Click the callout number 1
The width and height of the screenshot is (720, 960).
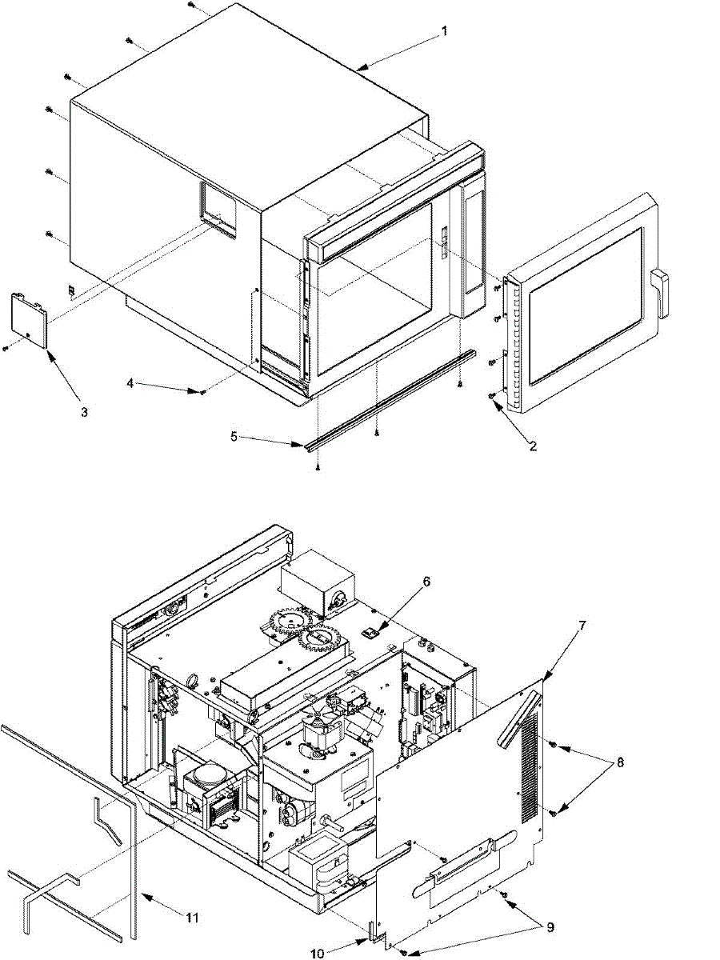[445, 31]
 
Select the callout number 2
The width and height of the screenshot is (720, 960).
[533, 446]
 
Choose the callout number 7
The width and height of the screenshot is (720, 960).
[582, 625]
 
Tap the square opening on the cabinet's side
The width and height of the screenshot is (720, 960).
[218, 208]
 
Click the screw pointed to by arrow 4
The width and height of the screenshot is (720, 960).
[204, 391]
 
